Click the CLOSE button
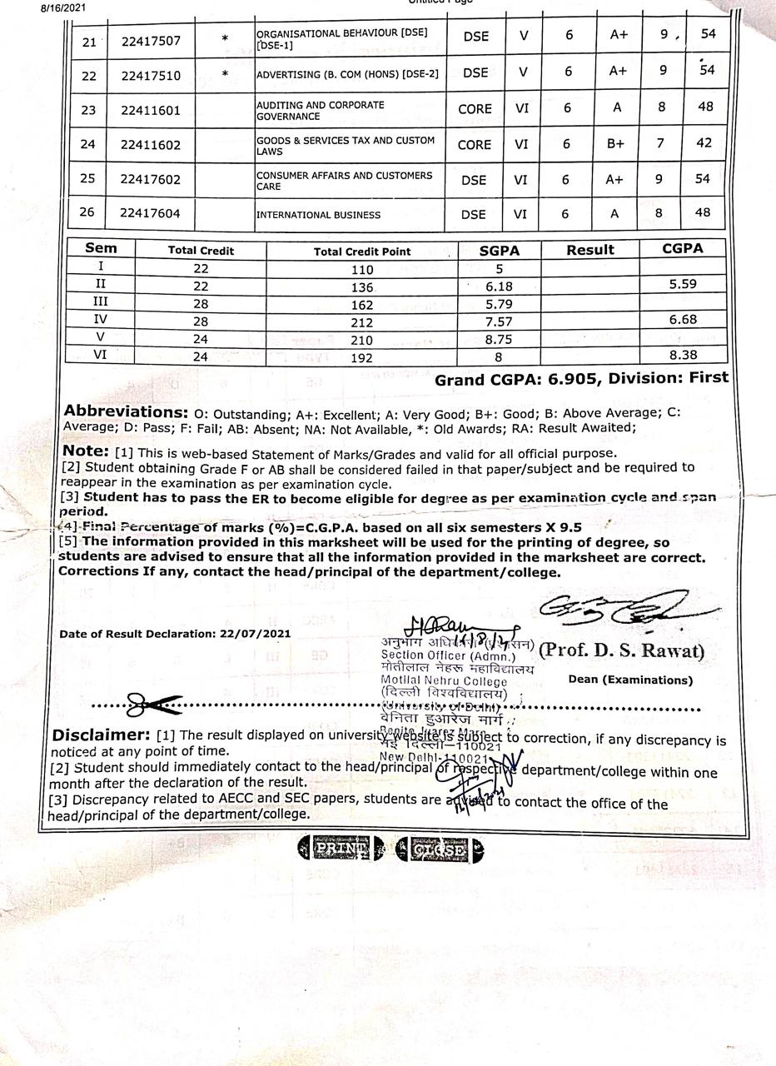tap(438, 850)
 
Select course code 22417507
tap(151, 39)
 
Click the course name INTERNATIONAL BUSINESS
tap(319, 215)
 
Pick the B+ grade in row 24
tap(615, 144)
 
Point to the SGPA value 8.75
tap(500, 340)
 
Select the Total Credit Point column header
tap(362, 251)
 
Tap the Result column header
tap(590, 250)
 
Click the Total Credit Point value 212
tap(362, 322)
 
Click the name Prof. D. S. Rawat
tap(621, 650)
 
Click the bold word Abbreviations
tap(126, 411)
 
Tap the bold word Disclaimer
tap(100, 735)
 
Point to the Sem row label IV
tap(101, 321)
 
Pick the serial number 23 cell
tap(88, 110)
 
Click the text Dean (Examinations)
tap(630, 680)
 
